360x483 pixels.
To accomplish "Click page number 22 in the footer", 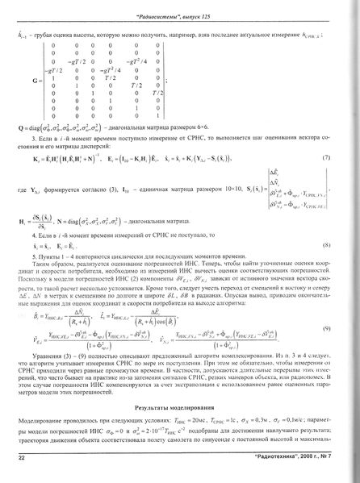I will (x=22, y=458).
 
